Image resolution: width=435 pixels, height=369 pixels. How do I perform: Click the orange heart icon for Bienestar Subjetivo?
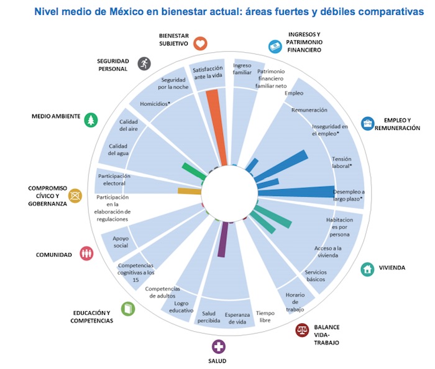(x=200, y=43)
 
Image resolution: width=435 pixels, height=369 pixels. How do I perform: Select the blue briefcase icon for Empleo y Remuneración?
(x=368, y=123)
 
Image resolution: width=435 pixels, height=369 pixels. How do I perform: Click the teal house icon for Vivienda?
(x=369, y=269)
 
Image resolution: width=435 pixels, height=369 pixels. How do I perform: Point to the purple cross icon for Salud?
(x=218, y=347)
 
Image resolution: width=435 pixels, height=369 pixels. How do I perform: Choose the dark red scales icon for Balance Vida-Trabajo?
(x=302, y=330)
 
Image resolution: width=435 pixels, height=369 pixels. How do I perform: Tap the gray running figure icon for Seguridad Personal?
(x=144, y=63)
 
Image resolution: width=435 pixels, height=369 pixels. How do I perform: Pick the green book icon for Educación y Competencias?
(x=127, y=308)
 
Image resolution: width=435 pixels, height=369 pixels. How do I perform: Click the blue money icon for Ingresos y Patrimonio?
(x=273, y=45)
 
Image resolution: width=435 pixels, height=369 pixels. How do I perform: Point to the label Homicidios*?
(x=155, y=104)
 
